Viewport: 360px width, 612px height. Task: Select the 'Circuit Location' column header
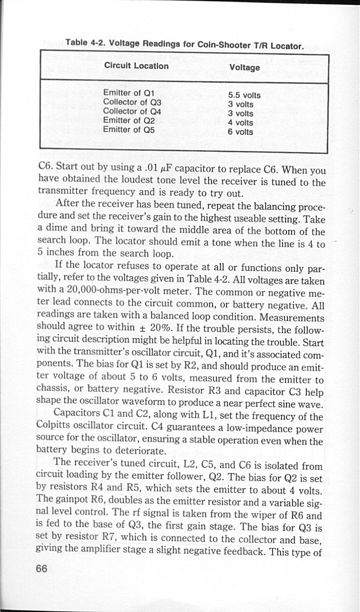click(x=136, y=66)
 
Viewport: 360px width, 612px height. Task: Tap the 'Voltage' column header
click(x=244, y=67)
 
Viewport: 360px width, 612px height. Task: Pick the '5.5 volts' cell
click(x=244, y=95)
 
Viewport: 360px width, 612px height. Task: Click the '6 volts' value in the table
click(x=240, y=132)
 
